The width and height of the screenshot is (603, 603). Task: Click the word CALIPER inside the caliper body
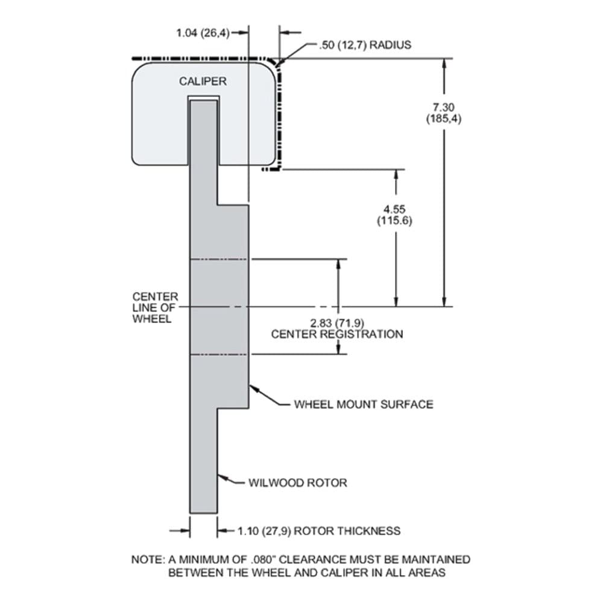pos(203,81)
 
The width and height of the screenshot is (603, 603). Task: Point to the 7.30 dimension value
pos(443,107)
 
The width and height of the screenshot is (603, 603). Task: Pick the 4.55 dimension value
pos(394,210)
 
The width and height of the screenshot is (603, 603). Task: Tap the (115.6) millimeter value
pos(394,221)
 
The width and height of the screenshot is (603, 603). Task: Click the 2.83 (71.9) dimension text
pos(337,323)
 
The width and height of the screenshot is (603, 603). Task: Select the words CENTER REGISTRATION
pos(337,334)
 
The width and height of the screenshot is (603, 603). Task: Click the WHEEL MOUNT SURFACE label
pos(364,405)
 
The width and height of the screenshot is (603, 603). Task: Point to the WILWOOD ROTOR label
pos(298,483)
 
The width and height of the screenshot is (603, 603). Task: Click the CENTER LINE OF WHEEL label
pos(156,308)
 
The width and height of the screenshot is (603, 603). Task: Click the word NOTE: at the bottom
pos(148,560)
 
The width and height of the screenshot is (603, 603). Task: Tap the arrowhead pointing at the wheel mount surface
pos(254,390)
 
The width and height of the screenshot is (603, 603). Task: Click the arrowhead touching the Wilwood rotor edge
pos(223,478)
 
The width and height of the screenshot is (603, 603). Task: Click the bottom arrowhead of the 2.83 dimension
pos(338,348)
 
